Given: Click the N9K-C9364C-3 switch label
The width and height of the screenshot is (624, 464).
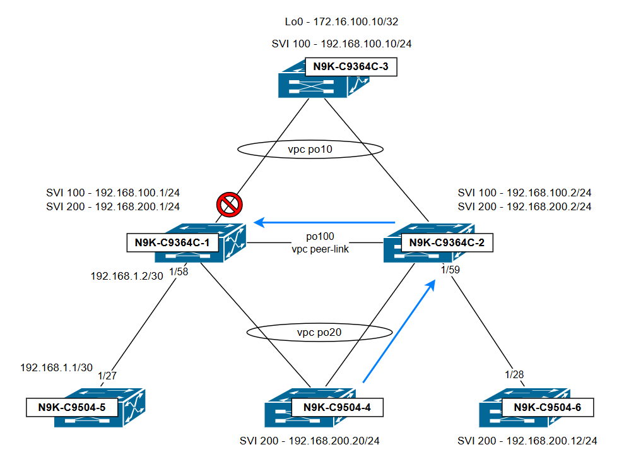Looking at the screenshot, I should tap(350, 67).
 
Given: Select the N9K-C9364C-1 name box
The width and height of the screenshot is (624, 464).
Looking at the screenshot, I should tap(174, 242).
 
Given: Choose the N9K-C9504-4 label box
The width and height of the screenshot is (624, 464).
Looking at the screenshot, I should tap(338, 407).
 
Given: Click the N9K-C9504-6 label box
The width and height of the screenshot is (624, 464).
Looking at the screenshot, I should tap(547, 407).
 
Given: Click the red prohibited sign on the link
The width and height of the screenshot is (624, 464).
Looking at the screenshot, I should tap(229, 205).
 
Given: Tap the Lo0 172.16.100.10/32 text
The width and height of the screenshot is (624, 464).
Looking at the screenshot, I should tap(341, 22).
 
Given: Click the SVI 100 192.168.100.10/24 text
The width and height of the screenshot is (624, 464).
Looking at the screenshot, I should tap(341, 44).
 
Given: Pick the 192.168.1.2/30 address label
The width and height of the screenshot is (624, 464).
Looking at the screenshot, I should tap(127, 276).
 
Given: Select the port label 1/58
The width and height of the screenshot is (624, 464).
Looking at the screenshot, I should tap(179, 271).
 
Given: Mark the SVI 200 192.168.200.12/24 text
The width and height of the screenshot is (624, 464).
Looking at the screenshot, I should tap(527, 441).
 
